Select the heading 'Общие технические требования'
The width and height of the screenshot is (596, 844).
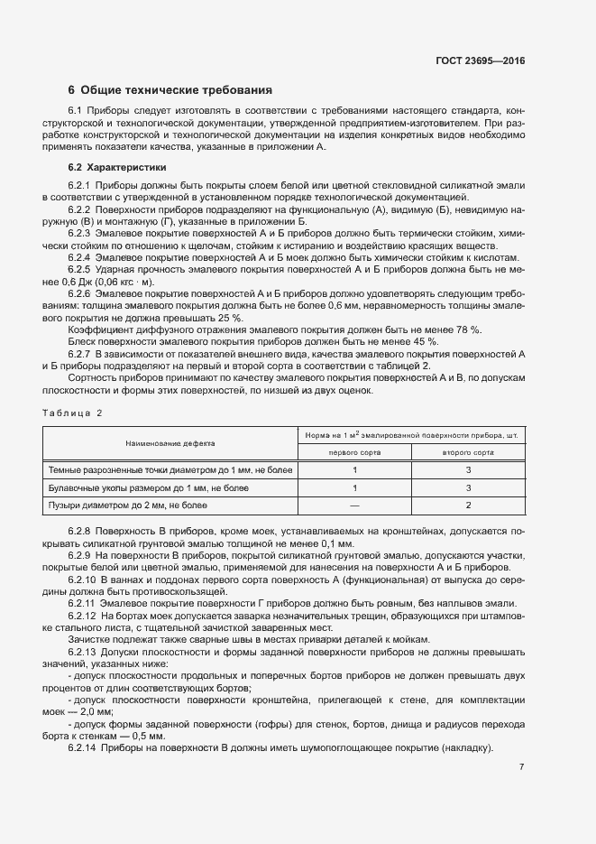pyautogui.click(x=176, y=90)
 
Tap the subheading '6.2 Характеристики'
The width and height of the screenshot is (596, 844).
pyautogui.click(x=116, y=167)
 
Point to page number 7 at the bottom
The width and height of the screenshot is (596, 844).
pyautogui.click(x=522, y=766)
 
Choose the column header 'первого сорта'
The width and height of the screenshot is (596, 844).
pyautogui.click(x=354, y=452)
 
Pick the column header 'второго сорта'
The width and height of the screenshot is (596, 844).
pyautogui.click(x=468, y=452)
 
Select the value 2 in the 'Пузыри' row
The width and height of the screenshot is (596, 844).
pyautogui.click(x=468, y=505)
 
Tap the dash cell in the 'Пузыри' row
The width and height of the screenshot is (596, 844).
pyautogui.click(x=354, y=505)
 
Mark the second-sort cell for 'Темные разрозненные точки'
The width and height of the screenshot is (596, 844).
pyautogui.click(x=468, y=469)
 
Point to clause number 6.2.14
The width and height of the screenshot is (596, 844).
pyautogui.click(x=82, y=748)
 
